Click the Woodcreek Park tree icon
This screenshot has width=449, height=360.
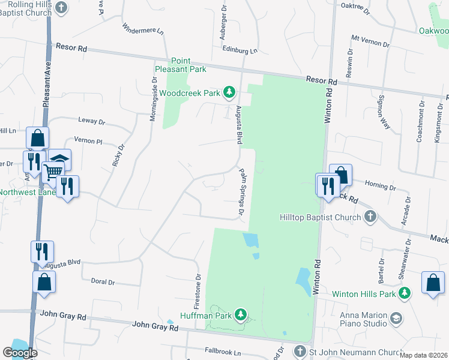point(229,92)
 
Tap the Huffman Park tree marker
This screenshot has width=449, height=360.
point(240,314)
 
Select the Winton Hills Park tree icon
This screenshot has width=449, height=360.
point(405,293)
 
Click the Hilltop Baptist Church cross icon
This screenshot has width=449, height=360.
point(370,217)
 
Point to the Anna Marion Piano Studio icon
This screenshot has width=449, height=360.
point(396,318)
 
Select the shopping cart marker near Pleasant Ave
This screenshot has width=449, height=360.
point(53,170)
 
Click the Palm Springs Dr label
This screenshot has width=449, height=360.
point(243,192)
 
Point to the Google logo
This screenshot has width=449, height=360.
point(20,353)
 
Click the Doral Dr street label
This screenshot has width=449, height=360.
point(102,281)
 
